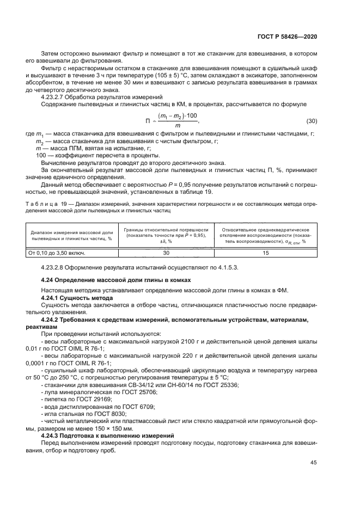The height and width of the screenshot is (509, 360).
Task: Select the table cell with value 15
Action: click(266, 253)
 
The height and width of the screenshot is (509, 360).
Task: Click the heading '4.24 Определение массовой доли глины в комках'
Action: click(116, 279)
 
